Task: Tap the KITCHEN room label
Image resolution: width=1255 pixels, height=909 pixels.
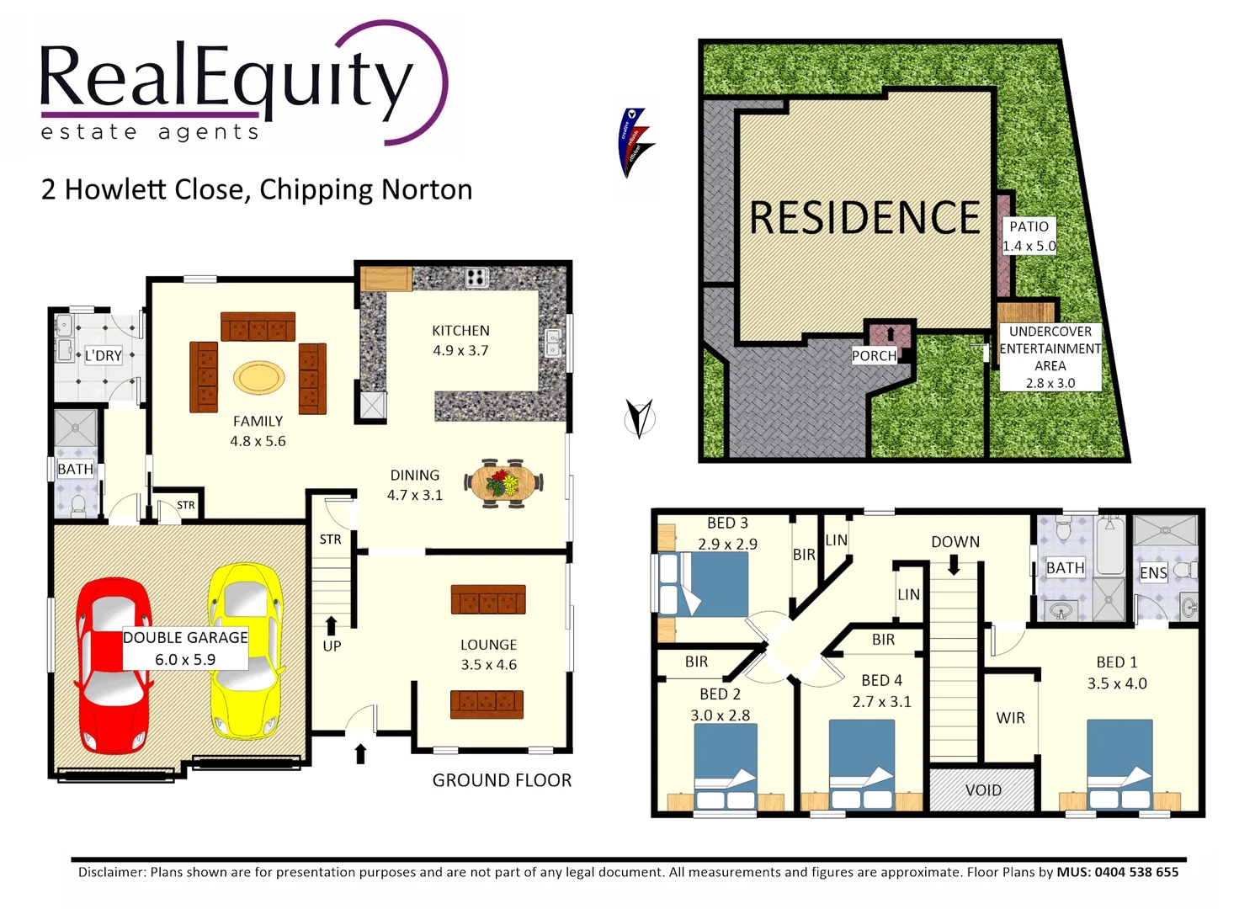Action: point(460,331)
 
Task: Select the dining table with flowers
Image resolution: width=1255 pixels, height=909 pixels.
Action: point(503,484)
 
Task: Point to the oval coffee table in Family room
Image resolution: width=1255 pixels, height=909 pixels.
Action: point(258,378)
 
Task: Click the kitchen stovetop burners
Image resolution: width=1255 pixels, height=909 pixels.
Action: point(476,277)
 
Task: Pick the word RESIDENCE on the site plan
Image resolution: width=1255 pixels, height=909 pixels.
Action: point(864,218)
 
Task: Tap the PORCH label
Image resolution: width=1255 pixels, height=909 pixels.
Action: point(874,356)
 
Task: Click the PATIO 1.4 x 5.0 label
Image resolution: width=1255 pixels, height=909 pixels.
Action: point(1029,237)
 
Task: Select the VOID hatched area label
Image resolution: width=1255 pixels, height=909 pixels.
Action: point(983,790)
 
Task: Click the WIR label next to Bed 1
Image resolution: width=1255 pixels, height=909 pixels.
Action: point(1010,718)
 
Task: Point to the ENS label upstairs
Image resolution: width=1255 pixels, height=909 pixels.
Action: point(1153,573)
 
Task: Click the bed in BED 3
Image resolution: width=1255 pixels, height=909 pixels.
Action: point(703,584)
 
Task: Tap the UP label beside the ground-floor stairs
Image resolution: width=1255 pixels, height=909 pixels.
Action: point(332,646)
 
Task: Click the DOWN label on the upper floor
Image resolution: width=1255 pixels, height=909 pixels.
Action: point(955,542)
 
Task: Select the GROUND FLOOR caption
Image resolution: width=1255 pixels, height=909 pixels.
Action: point(502,780)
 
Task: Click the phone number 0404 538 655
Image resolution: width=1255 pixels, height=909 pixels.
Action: point(1136,872)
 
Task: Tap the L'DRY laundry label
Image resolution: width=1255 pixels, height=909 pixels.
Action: point(104,355)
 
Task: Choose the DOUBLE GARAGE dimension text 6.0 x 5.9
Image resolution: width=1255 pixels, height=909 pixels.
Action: point(185,660)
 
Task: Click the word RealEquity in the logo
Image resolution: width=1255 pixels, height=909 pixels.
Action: point(226,78)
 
